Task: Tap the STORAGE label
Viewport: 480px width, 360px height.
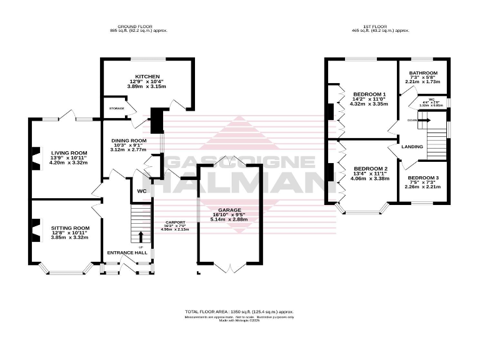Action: pyautogui.click(x=117, y=108)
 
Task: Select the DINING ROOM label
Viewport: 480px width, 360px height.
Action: pyautogui.click(x=129, y=140)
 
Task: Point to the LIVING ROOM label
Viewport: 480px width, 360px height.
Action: pyautogui.click(x=69, y=152)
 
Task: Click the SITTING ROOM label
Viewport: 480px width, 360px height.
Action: pyautogui.click(x=71, y=228)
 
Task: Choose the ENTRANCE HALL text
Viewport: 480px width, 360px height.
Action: pyautogui.click(x=127, y=252)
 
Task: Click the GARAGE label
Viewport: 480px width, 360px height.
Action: pyautogui.click(x=229, y=211)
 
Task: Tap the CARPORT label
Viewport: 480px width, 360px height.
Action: pyautogui.click(x=175, y=223)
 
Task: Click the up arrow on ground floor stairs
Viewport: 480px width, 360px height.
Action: pyautogui.click(x=140, y=236)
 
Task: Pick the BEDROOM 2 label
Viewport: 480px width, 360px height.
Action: pyautogui.click(x=371, y=169)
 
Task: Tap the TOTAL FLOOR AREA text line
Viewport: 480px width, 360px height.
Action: pyautogui.click(x=239, y=311)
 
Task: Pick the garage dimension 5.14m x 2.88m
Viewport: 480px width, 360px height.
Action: pyautogui.click(x=229, y=221)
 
